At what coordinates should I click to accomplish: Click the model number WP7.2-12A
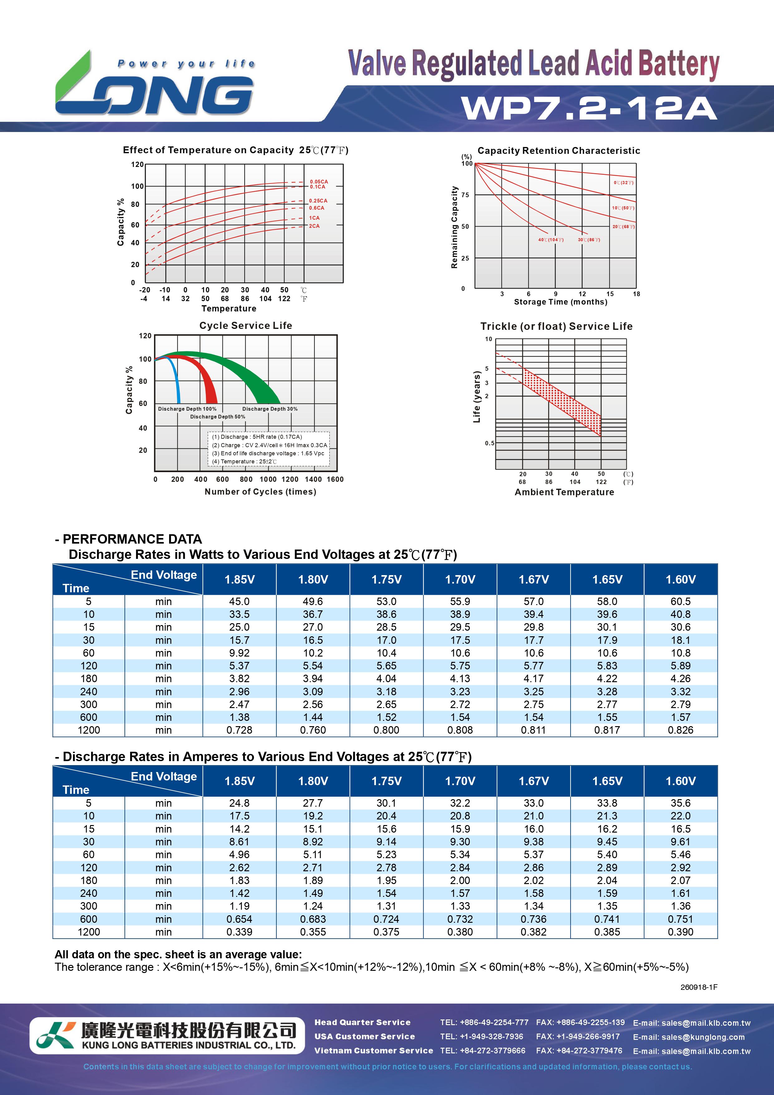(x=589, y=108)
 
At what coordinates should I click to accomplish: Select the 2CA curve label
(x=314, y=226)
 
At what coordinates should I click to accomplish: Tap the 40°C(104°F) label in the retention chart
(x=551, y=239)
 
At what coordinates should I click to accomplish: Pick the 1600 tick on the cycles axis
(x=335, y=479)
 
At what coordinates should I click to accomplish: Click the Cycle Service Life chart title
(x=246, y=325)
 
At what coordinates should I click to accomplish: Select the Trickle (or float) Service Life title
(x=556, y=326)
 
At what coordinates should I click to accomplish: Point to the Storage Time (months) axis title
(x=560, y=302)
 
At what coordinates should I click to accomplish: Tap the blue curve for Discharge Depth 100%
(x=177, y=382)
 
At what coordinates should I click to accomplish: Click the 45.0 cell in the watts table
(x=239, y=601)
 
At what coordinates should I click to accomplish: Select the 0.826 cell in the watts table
(x=680, y=730)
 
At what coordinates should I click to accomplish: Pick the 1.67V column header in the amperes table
(x=534, y=781)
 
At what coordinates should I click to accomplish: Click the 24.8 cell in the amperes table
(x=239, y=803)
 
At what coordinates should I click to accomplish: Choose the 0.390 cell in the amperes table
(x=680, y=932)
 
